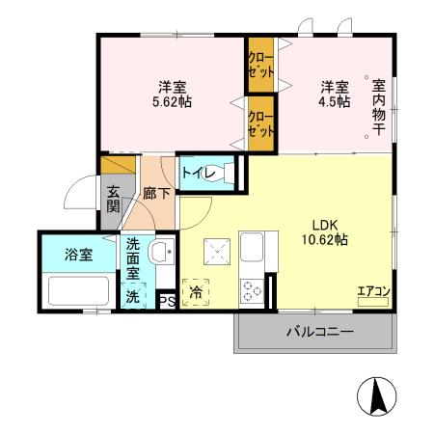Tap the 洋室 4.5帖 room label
(335, 92)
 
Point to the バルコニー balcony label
(317, 332)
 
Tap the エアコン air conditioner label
(373, 292)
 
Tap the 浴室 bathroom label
(77, 255)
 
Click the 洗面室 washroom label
(134, 260)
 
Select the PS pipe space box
(166, 301)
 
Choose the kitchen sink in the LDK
(254, 247)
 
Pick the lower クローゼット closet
(260, 123)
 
